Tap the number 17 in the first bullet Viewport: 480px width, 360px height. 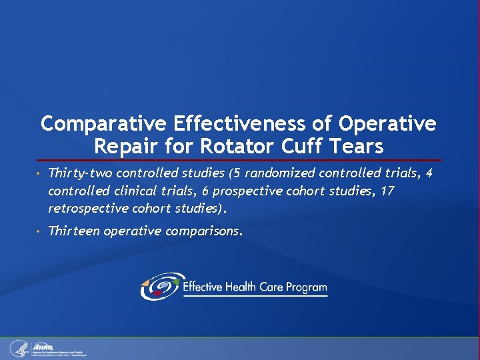387,191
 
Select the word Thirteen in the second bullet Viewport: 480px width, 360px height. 71,231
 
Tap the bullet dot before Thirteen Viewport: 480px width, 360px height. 41,231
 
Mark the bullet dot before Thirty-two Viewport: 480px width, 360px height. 41,174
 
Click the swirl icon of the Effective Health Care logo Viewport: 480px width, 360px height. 159,287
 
